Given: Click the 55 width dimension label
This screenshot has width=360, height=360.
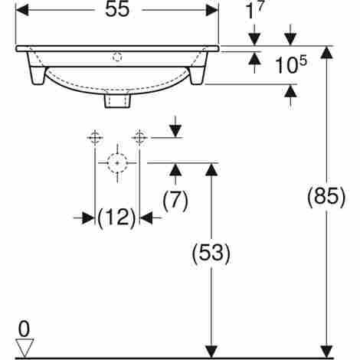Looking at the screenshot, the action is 117,10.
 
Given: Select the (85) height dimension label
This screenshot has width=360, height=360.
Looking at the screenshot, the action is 326,197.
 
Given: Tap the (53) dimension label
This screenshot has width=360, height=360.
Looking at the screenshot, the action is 211,253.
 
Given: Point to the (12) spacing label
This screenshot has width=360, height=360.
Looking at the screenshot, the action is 116,218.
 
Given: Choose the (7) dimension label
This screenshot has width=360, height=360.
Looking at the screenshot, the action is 175,201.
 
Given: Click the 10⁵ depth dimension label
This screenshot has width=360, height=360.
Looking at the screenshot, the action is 291,65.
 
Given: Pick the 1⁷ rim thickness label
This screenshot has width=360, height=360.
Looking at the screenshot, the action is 254,10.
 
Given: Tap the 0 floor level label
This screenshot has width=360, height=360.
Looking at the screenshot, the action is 24,329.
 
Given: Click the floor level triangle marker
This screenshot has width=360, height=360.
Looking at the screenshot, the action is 25,348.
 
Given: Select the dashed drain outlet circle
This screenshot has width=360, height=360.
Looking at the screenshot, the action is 117,162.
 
